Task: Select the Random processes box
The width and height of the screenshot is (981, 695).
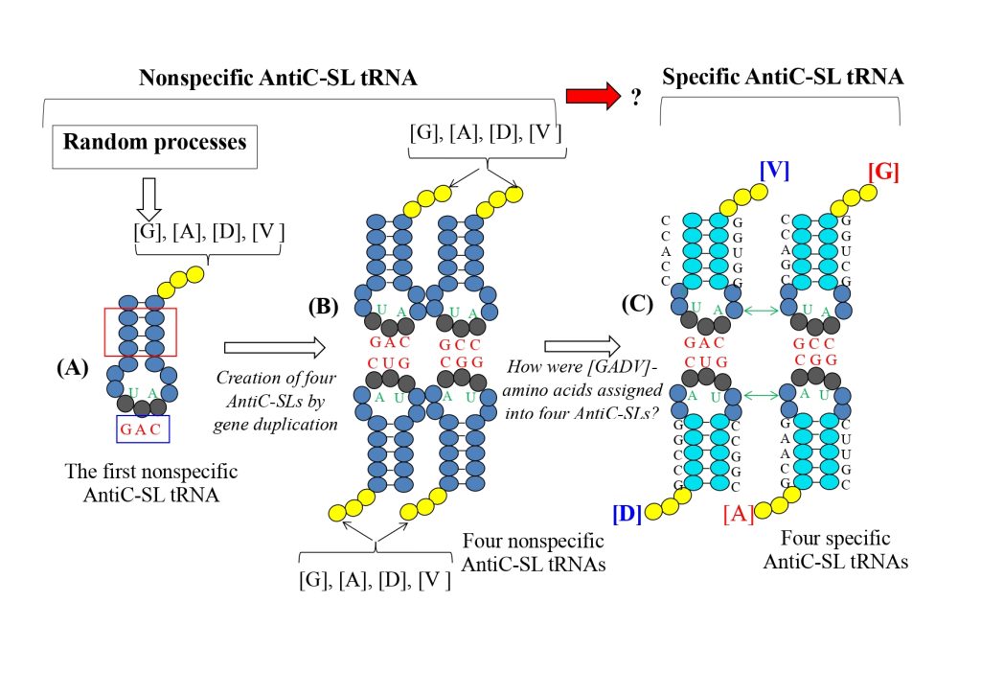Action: pos(155,143)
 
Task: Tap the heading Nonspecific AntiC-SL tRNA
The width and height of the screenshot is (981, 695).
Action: pos(278,79)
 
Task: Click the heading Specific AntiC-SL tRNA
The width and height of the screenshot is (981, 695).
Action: pos(781,79)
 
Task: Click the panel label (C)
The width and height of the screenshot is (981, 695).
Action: pos(638,305)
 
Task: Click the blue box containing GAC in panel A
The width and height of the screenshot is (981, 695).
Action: pos(143,428)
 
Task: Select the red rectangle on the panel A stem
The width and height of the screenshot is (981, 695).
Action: pos(140,332)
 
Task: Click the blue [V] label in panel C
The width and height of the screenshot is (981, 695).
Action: pos(773,172)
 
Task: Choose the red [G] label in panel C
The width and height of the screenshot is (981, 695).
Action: pos(883,173)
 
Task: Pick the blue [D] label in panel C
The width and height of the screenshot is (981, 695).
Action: pos(627,515)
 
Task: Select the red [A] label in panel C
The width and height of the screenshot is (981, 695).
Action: pos(738,517)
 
